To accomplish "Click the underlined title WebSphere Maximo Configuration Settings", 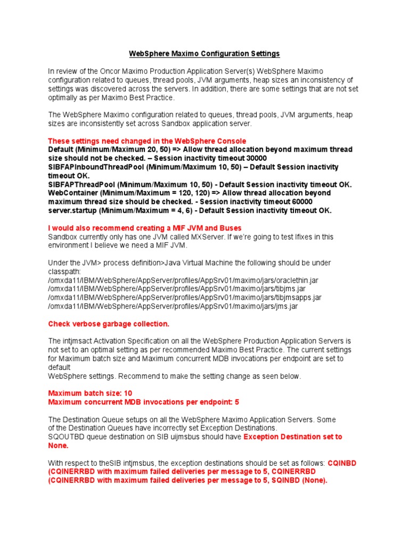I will point(204,54).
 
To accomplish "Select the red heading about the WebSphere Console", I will point(147,141).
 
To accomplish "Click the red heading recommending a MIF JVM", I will point(144,228).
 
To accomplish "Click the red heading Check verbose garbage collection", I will point(109,324).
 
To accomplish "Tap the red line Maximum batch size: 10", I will point(91,393).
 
